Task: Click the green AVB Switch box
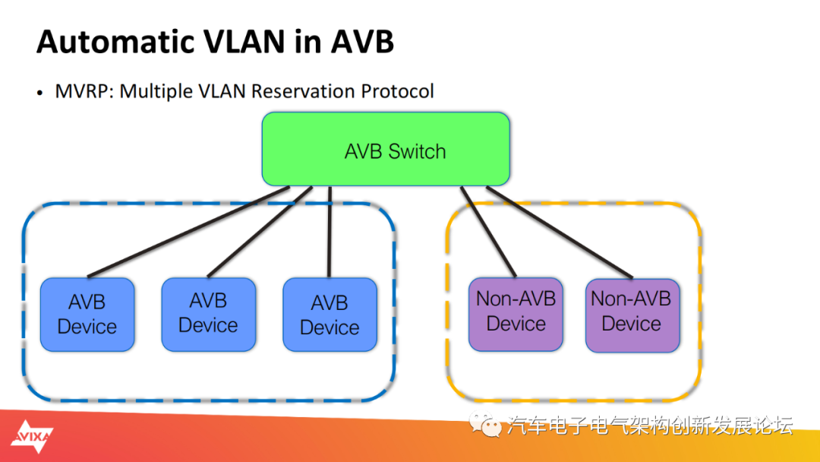click(386, 149)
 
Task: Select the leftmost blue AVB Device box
click(87, 315)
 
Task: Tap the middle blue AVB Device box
click(209, 315)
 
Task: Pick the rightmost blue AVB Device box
click(330, 315)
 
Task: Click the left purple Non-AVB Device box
click(516, 315)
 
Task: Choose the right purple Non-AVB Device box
click(632, 315)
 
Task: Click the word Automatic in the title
click(115, 41)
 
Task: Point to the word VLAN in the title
click(244, 41)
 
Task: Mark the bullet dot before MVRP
click(39, 93)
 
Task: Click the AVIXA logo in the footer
click(32, 436)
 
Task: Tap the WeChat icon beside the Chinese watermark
click(485, 424)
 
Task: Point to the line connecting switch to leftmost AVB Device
click(188, 232)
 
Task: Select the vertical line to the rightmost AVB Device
click(330, 232)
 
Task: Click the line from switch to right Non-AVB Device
click(560, 233)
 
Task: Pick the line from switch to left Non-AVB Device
click(488, 232)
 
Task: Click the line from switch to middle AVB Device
click(260, 232)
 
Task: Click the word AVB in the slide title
click(362, 41)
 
